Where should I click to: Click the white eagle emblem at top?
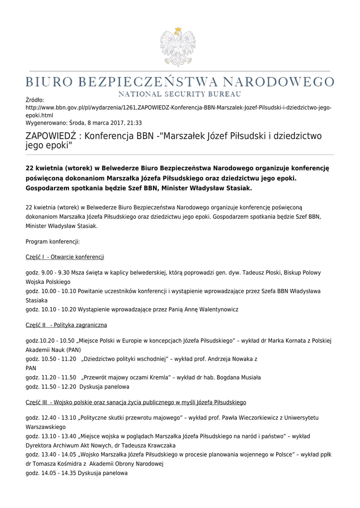click(x=178, y=48)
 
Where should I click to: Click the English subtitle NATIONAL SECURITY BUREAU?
click(x=179, y=94)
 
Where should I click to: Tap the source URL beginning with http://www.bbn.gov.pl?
click(x=178, y=111)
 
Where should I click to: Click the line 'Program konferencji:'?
click(x=53, y=242)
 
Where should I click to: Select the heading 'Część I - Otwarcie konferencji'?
click(x=65, y=257)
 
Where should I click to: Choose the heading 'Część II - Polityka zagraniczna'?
click(x=66, y=325)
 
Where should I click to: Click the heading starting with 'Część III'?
click(x=136, y=402)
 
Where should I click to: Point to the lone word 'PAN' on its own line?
click(x=31, y=368)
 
